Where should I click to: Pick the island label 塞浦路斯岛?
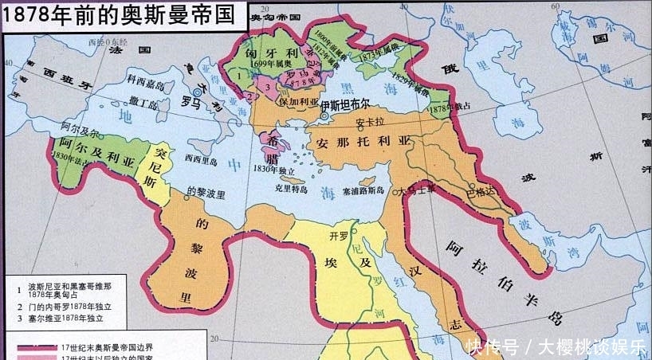click(x=363, y=191)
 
